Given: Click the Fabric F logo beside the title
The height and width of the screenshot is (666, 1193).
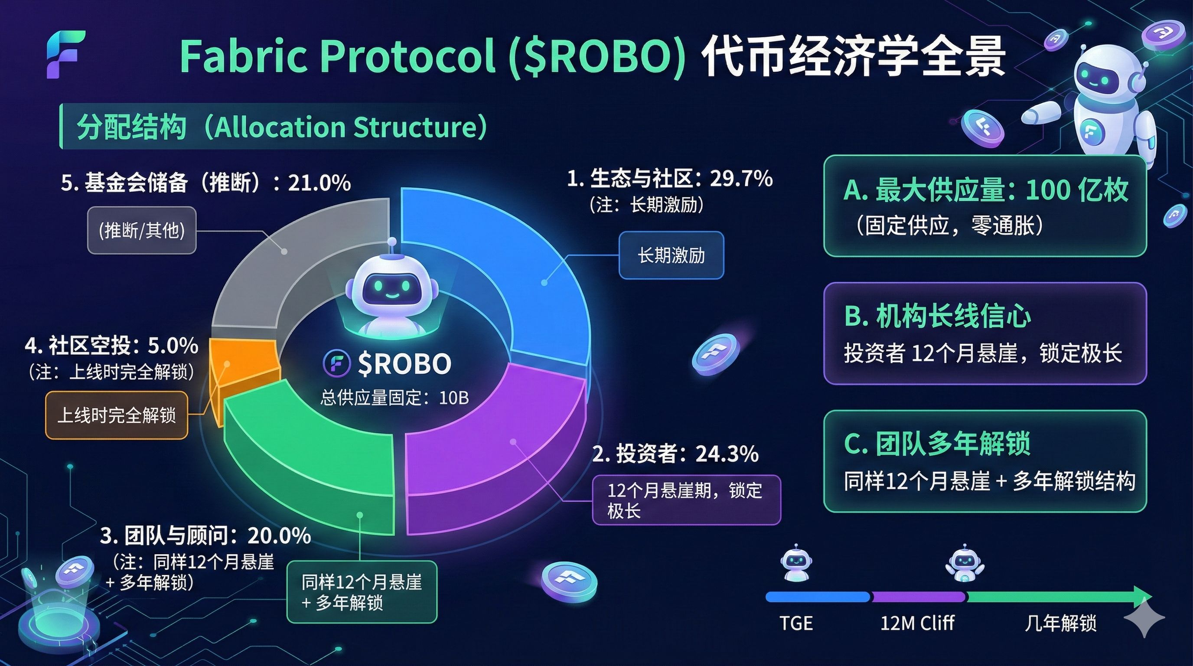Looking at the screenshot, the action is point(66,55).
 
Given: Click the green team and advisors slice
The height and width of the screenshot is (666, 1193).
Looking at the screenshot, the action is point(306,468).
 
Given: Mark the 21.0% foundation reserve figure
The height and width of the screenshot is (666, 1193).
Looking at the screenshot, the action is point(319,183).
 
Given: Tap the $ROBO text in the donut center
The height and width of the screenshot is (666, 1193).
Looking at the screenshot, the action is point(404,363).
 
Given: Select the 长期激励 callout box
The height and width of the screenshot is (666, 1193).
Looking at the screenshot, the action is point(671,255).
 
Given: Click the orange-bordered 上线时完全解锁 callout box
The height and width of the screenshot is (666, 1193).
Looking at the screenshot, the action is point(117,415).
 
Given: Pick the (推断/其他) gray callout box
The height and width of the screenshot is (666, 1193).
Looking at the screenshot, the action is point(142,230).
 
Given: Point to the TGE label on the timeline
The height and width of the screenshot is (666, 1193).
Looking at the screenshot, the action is point(796,624).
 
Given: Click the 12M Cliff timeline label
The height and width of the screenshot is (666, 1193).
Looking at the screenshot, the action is point(917,623).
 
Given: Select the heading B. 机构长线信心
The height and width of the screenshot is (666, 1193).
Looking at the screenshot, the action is point(937,317).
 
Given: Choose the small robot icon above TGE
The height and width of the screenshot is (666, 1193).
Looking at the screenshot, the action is point(796,563).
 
